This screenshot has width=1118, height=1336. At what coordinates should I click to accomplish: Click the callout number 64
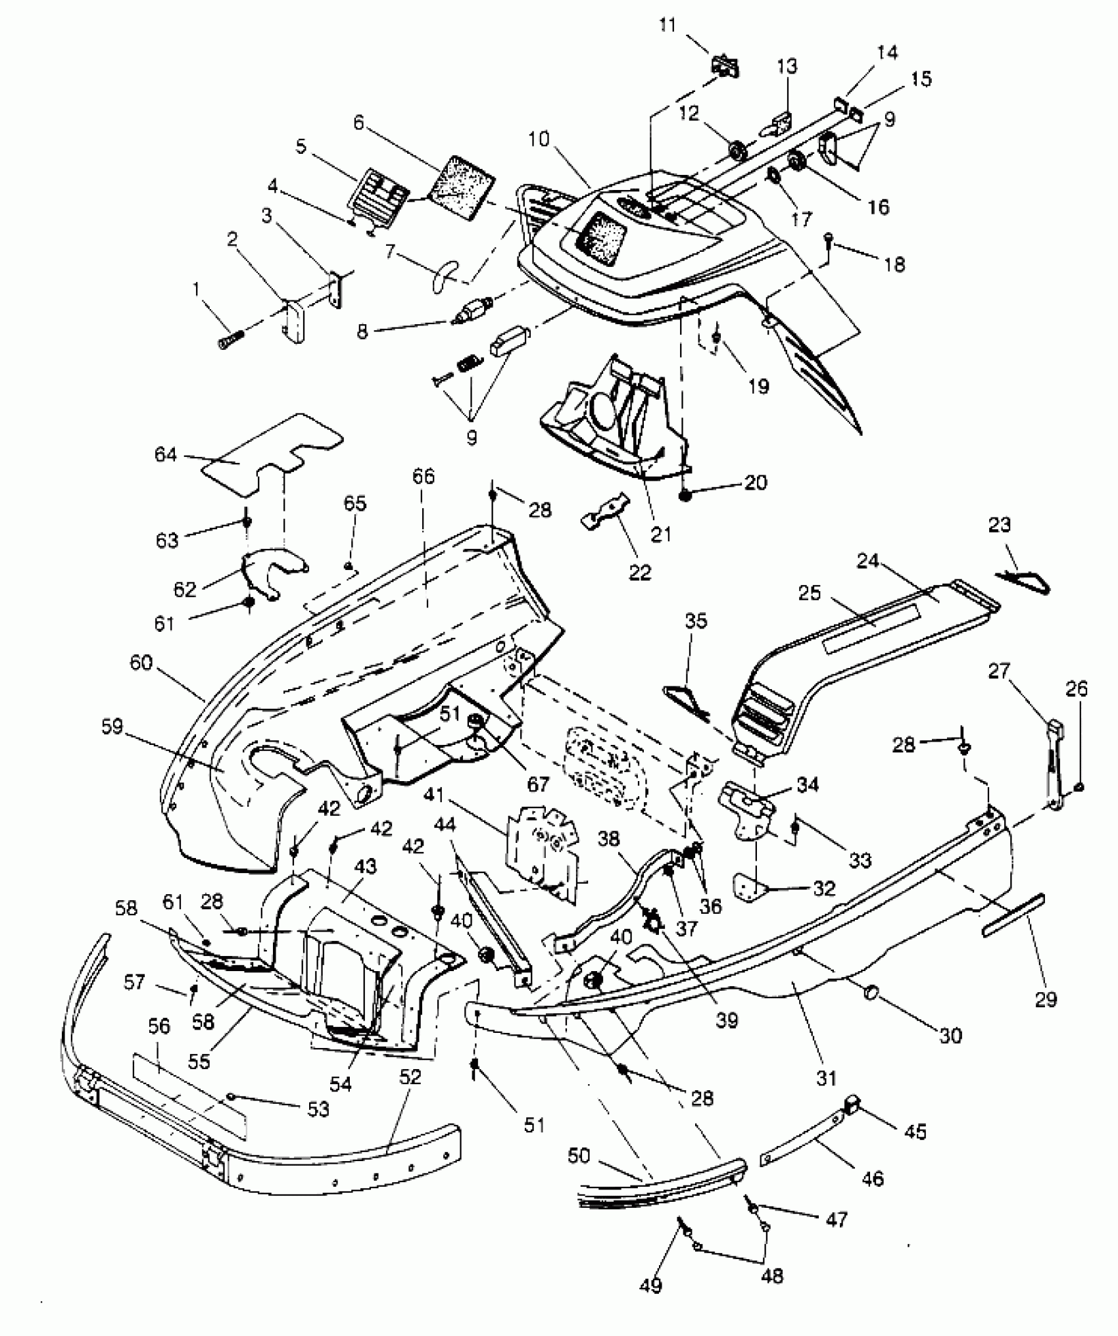pos(166,454)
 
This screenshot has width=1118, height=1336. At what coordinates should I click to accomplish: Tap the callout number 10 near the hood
pos(538,139)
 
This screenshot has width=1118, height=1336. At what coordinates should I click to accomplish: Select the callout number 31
pos(826,1078)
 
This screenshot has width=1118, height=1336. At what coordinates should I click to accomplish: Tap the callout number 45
pos(915,1131)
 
